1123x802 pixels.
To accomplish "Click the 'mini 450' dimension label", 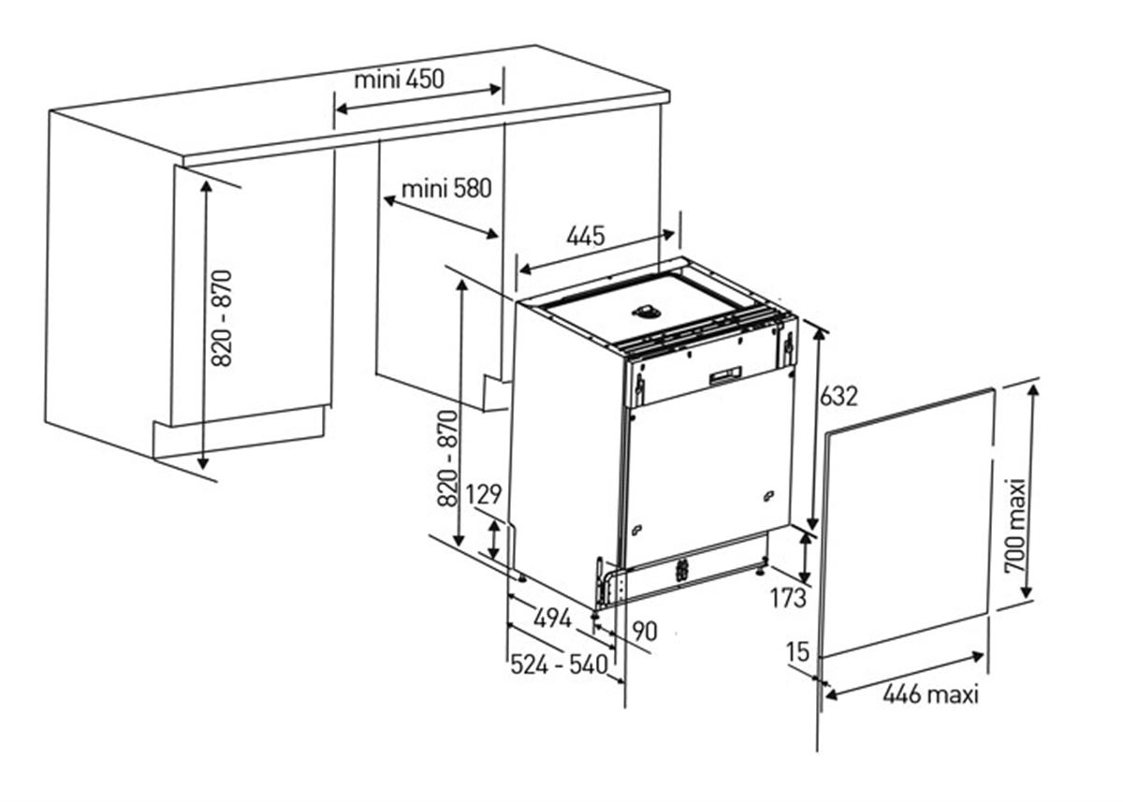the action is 399,80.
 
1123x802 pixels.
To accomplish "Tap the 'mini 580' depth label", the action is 446,189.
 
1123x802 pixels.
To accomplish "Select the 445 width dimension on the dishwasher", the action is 586,236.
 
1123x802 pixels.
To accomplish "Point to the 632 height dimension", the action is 839,396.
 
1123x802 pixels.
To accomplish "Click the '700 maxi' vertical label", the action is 1015,526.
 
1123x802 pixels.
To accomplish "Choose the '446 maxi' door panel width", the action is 930,694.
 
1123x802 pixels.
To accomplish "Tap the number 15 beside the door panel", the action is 798,651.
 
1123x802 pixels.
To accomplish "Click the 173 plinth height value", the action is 788,598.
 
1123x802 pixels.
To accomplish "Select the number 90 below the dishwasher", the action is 644,632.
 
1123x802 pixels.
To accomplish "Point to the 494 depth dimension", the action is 552,618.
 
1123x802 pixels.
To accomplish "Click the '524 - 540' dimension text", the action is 559,665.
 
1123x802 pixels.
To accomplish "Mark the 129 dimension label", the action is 484,494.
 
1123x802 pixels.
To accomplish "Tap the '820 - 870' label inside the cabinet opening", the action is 222,318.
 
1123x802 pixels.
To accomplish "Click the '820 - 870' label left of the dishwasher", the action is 447,459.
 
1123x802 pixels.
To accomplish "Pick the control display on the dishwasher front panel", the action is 725,375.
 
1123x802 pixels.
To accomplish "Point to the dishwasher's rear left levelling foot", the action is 521,577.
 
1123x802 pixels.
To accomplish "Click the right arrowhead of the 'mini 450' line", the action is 495,89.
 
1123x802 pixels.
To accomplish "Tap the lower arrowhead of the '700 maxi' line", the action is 1027,592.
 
